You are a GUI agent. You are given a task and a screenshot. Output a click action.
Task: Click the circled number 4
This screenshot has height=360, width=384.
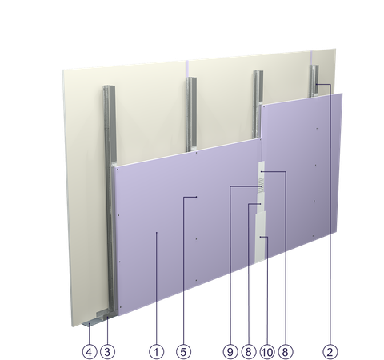click(x=90, y=352)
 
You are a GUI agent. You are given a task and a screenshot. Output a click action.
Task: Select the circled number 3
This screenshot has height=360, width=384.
click(x=107, y=352)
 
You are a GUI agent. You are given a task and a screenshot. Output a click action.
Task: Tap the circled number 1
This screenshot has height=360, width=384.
click(x=157, y=352)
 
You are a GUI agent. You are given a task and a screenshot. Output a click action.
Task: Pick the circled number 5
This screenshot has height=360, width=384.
click(x=183, y=352)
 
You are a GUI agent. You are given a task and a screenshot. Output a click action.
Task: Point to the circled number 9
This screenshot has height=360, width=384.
click(x=230, y=352)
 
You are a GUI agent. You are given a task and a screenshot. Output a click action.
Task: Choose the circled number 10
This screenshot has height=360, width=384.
click(x=267, y=352)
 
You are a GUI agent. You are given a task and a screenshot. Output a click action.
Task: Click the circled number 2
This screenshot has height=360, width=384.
click(x=330, y=352)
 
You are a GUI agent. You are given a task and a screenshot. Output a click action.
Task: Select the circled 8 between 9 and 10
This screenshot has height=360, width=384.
click(x=248, y=352)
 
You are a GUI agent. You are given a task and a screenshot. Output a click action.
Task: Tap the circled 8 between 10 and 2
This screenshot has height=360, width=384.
click(x=286, y=352)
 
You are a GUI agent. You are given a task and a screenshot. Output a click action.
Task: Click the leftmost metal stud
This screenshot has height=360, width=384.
click(x=110, y=186)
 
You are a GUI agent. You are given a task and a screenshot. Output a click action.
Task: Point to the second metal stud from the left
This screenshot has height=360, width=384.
click(x=191, y=114)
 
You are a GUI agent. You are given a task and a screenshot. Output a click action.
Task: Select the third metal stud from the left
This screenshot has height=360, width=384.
click(x=258, y=104)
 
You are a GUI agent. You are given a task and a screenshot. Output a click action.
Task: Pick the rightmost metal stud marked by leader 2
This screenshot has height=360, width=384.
click(x=314, y=81)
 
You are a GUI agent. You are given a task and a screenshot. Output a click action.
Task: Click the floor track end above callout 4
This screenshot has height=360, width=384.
click(x=89, y=324)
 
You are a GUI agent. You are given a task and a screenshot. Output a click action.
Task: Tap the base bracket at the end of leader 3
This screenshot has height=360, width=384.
click(x=106, y=314)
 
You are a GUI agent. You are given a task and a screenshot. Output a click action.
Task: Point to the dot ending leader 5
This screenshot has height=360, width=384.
click(x=196, y=197)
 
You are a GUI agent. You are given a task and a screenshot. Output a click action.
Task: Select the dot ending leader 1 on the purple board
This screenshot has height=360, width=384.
click(x=157, y=233)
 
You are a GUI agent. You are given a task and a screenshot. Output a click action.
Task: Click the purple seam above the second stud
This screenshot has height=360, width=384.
click(x=187, y=69)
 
